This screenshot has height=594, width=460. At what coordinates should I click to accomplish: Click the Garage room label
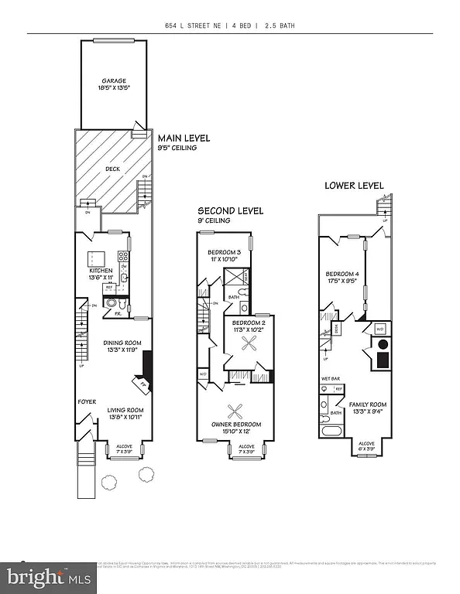(x=114, y=84)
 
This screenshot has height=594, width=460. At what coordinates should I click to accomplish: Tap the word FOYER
(x=85, y=401)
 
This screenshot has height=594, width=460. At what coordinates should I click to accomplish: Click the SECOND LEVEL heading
(x=230, y=210)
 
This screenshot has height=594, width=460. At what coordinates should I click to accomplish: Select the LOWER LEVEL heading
(x=354, y=186)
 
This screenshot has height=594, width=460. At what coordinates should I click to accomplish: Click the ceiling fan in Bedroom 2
(x=250, y=346)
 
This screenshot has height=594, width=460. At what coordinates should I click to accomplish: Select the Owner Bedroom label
(x=236, y=428)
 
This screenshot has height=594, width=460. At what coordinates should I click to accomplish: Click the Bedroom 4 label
(x=342, y=278)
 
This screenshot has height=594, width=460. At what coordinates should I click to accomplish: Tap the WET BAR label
(x=331, y=379)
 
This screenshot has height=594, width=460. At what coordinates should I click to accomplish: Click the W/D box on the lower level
(x=379, y=329)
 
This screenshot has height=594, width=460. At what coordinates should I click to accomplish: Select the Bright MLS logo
(x=48, y=576)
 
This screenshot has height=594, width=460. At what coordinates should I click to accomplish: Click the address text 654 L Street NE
(x=197, y=26)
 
